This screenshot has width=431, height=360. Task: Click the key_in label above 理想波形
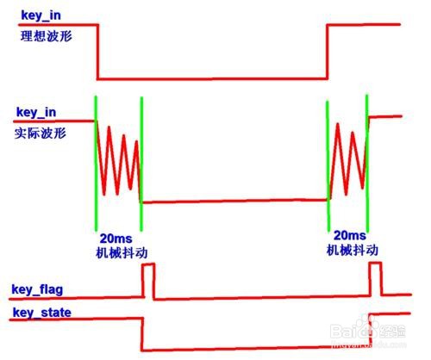point(41,16)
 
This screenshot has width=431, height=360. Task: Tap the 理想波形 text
point(46,36)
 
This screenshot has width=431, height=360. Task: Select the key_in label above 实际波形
point(36,112)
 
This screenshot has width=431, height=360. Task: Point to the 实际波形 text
point(41,133)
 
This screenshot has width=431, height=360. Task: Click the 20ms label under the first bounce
point(116,239)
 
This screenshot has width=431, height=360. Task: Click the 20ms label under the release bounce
point(350,235)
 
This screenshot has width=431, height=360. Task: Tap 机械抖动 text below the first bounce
point(122,252)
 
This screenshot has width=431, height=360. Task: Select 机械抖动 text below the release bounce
point(353,251)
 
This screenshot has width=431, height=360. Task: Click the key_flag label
point(37,289)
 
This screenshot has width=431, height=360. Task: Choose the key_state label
point(42,313)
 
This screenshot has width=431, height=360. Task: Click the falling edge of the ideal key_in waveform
point(98,52)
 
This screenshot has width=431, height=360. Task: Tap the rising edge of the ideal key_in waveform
point(328,52)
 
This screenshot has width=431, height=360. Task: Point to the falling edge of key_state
point(142,334)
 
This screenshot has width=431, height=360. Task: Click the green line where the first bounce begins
point(96,163)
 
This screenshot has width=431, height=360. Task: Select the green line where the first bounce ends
point(141,164)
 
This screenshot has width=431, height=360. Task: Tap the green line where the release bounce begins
point(328,166)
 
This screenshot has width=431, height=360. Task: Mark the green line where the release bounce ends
point(367,163)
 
